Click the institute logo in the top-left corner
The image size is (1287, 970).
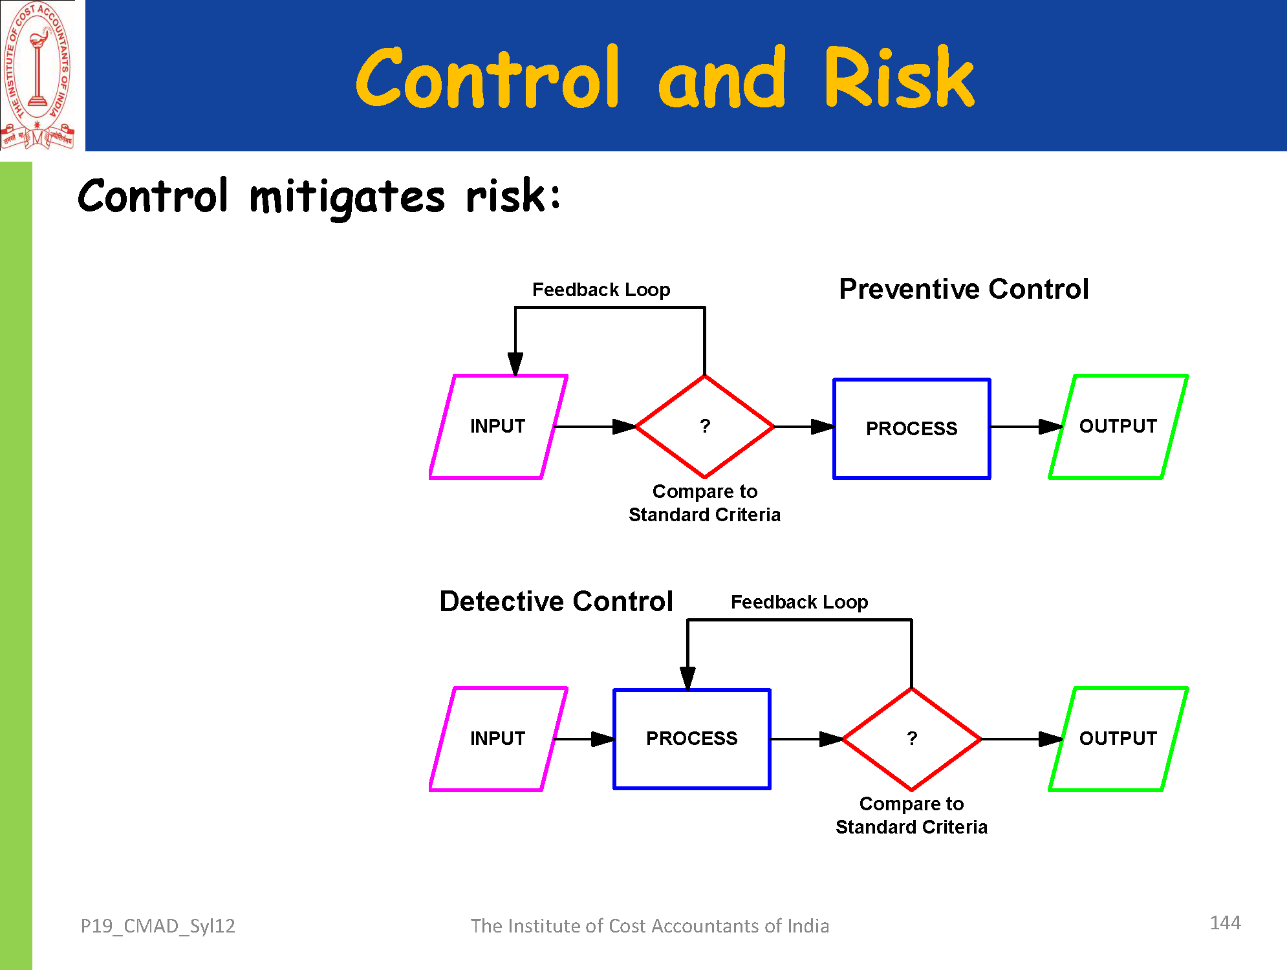38,76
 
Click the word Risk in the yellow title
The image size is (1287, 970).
899,79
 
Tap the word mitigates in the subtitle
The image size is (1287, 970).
347,197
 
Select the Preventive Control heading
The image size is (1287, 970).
964,289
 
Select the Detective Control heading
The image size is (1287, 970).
556,601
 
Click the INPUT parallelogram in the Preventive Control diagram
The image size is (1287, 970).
498,427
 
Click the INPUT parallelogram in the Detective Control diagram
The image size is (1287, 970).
498,739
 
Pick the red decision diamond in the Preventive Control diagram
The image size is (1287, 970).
705,427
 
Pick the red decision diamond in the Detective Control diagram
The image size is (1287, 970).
912,739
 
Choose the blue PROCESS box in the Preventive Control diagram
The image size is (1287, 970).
912,428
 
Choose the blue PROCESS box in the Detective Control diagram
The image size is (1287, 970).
692,739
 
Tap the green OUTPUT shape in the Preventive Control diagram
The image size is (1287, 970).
1118,427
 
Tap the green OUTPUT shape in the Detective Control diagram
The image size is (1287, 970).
1118,739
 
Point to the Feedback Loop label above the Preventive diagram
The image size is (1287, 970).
601,290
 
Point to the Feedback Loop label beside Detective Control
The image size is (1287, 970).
799,602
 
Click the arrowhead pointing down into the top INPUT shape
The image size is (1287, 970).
515,363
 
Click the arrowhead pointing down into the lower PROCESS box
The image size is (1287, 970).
687,678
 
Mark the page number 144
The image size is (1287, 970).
1225,923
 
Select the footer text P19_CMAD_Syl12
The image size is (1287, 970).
158,926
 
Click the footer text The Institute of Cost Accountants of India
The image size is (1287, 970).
649,926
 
